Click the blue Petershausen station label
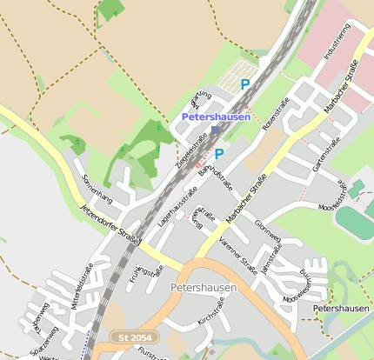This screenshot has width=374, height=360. click(x=216, y=117)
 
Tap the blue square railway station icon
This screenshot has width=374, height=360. click(x=215, y=130)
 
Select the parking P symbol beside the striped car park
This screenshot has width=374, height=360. click(x=245, y=84)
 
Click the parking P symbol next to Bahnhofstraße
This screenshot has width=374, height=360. click(x=219, y=154)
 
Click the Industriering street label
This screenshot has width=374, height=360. click(x=336, y=42)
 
